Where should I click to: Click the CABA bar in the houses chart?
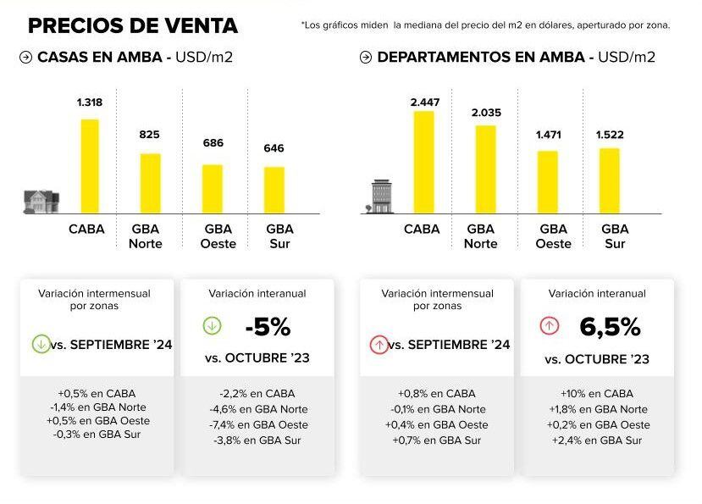click(x=90, y=166)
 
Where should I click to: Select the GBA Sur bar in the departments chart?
click(x=609, y=180)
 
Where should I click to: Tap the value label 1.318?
click(x=89, y=102)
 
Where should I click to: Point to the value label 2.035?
click(x=485, y=112)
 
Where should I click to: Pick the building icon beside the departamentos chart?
click(x=382, y=196)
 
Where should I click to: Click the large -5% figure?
click(x=267, y=327)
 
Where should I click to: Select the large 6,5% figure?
click(x=610, y=327)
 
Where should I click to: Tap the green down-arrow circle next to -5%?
click(x=213, y=325)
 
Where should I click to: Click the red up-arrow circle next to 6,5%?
click(x=550, y=325)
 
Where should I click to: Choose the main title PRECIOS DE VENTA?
click(x=133, y=25)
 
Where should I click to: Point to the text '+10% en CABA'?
click(x=597, y=394)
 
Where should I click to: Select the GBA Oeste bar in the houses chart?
click(x=213, y=189)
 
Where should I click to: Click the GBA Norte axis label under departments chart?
click(x=481, y=236)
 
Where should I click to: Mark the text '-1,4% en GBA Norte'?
click(x=95, y=407)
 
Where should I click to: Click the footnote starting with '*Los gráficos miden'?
click(x=485, y=25)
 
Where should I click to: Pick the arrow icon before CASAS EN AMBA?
click(x=25, y=58)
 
